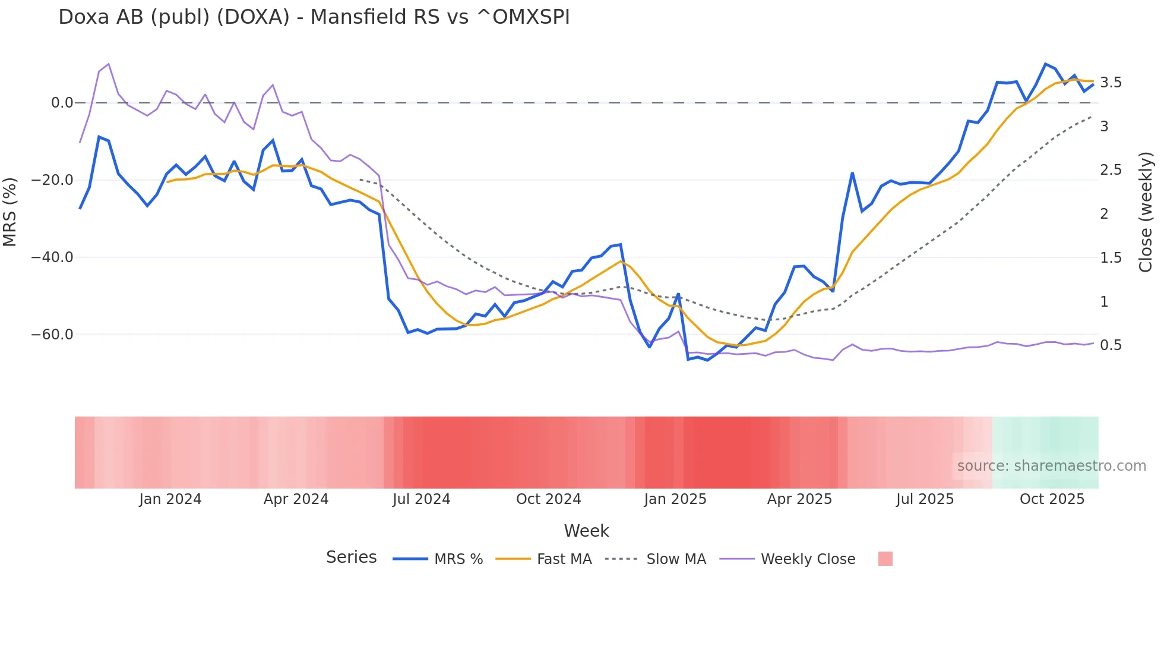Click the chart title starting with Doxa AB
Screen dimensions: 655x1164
tap(314, 17)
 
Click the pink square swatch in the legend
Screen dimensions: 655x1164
tap(885, 559)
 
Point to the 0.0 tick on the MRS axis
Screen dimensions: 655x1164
tap(62, 103)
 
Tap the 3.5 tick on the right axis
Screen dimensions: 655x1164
tap(1111, 83)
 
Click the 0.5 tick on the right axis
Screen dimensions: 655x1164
tap(1111, 345)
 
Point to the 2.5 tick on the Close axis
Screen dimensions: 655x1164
tap(1111, 170)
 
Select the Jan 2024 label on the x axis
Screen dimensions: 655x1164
tap(170, 499)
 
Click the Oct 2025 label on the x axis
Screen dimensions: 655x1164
tap(1052, 499)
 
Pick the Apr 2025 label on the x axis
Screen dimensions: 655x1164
tap(799, 499)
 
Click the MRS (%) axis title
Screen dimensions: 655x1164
tap(10, 212)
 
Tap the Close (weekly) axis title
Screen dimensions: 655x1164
tap(1146, 212)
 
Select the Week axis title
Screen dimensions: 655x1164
tap(586, 531)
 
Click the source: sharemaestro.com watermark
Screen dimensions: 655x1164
tap(1051, 466)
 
